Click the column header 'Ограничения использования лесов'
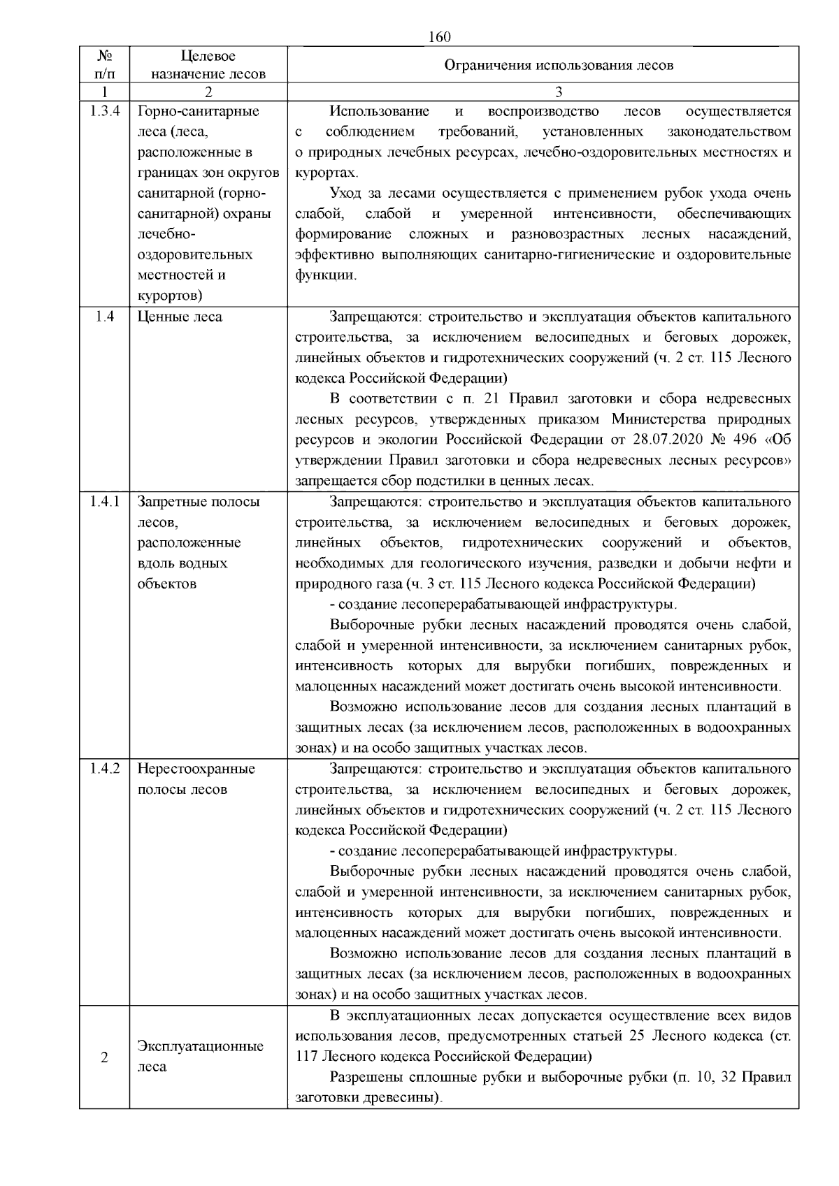pos(559,66)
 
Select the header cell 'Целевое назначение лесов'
pos(208,65)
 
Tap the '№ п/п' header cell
pos(104,65)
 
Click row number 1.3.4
pos(104,111)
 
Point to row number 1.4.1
pos(104,502)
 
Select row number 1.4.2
pos(104,769)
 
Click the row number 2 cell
pos(104,1057)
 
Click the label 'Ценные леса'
pos(180,317)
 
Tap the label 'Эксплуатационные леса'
pos(201,1057)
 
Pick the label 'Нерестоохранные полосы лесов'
pos(196,779)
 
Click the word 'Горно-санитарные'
pos(199,111)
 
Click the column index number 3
pos(559,92)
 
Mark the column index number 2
pos(208,92)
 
